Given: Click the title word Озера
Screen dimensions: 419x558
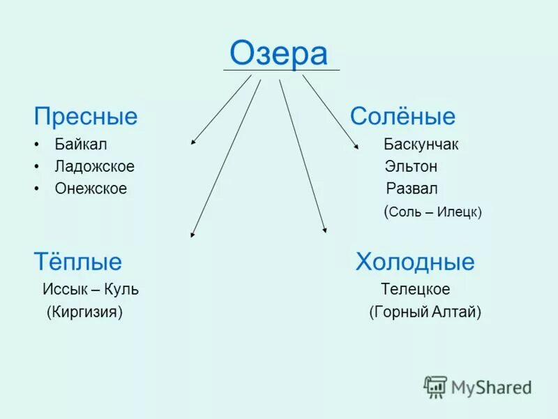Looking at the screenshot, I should (278, 54).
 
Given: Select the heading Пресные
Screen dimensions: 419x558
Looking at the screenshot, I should (86, 116).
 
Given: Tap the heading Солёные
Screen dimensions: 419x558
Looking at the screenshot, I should (402, 116).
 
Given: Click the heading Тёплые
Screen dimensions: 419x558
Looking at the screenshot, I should (77, 262).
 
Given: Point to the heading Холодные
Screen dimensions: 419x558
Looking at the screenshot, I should (415, 262).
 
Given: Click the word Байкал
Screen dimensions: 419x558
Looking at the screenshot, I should (81, 145).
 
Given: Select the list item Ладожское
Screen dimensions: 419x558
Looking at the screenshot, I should (94, 167).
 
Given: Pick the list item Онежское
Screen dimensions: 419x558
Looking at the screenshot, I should (91, 189).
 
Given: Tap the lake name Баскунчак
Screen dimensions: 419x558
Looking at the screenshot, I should (421, 145).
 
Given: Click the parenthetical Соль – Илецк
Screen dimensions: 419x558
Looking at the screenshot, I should (432, 212).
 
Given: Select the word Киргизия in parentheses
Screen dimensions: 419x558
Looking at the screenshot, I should (84, 311).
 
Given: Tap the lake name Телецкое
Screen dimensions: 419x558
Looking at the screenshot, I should (415, 289).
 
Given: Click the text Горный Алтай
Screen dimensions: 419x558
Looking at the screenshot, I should (425, 311).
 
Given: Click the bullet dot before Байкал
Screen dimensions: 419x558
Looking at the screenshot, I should (36, 145).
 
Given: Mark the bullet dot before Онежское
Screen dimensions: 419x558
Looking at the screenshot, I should (36, 189).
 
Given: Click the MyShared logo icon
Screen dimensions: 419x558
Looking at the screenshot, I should (436, 386).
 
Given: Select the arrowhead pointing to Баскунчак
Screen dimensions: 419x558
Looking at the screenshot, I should (356, 147).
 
